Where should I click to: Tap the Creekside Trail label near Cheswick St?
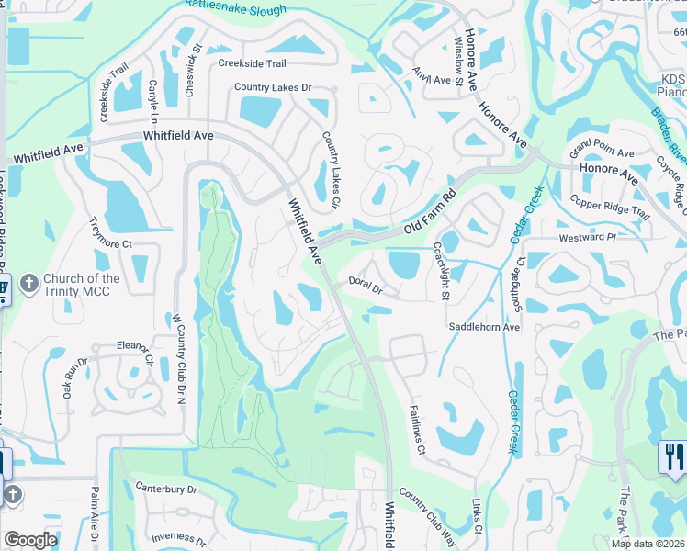[x=252, y=63]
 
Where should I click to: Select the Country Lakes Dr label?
[x=273, y=88]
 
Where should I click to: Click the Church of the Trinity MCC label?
[x=83, y=285]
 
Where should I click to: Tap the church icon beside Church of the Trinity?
[x=29, y=284]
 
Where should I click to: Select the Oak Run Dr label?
[x=74, y=377]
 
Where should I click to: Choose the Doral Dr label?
[x=365, y=287]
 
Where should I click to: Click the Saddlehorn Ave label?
[x=484, y=327]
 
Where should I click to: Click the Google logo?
[x=30, y=540]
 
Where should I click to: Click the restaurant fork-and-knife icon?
[x=672, y=455]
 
